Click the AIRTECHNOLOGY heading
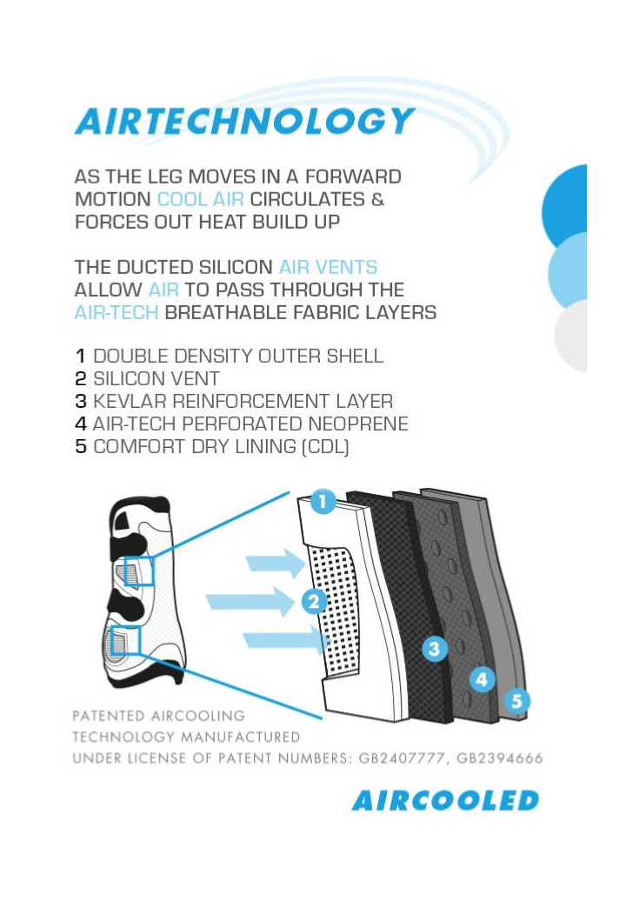coord(245,121)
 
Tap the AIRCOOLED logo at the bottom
coord(445,800)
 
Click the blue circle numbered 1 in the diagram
coord(323,501)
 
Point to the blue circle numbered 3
coord(434,649)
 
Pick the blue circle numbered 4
coord(482,679)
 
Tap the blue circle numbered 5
coord(516,700)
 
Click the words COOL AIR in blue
coord(201,199)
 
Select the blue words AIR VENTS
coord(328,267)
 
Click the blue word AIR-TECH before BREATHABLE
coord(117,312)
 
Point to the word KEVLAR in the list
coord(130,401)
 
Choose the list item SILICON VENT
coord(156,378)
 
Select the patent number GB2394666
coord(500,758)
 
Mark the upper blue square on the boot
coord(139,571)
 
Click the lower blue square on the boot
coord(126,641)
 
